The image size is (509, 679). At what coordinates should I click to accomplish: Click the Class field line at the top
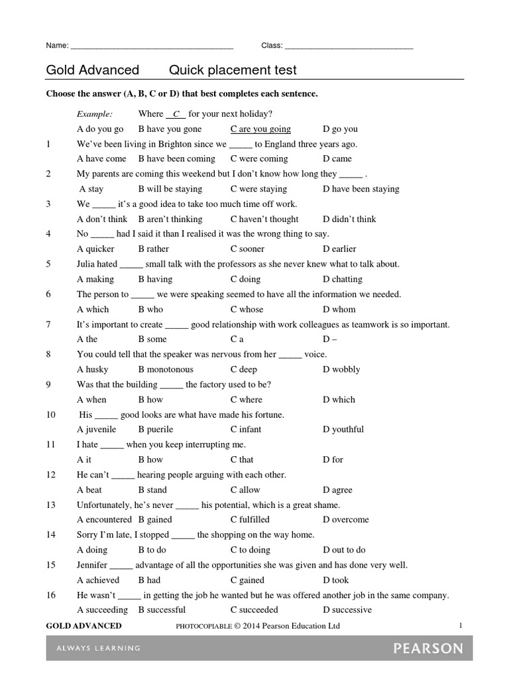coord(349,48)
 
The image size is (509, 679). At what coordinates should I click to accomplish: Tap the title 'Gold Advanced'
coord(92,70)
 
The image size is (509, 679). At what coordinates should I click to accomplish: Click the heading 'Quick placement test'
coord(233,70)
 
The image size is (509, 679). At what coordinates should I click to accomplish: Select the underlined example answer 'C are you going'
coord(260,129)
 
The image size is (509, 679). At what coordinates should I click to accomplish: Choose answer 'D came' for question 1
coord(337,159)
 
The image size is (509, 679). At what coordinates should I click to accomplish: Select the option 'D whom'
coord(339,310)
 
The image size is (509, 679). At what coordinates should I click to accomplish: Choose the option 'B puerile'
coord(156,430)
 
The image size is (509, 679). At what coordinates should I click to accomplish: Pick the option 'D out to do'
coord(344,550)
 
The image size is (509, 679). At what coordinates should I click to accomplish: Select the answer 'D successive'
coord(347,610)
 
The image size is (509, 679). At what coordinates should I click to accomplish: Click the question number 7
coord(48,325)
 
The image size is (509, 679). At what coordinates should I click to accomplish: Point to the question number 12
coord(50,475)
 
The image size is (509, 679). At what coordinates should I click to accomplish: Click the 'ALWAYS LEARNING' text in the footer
coord(93,648)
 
